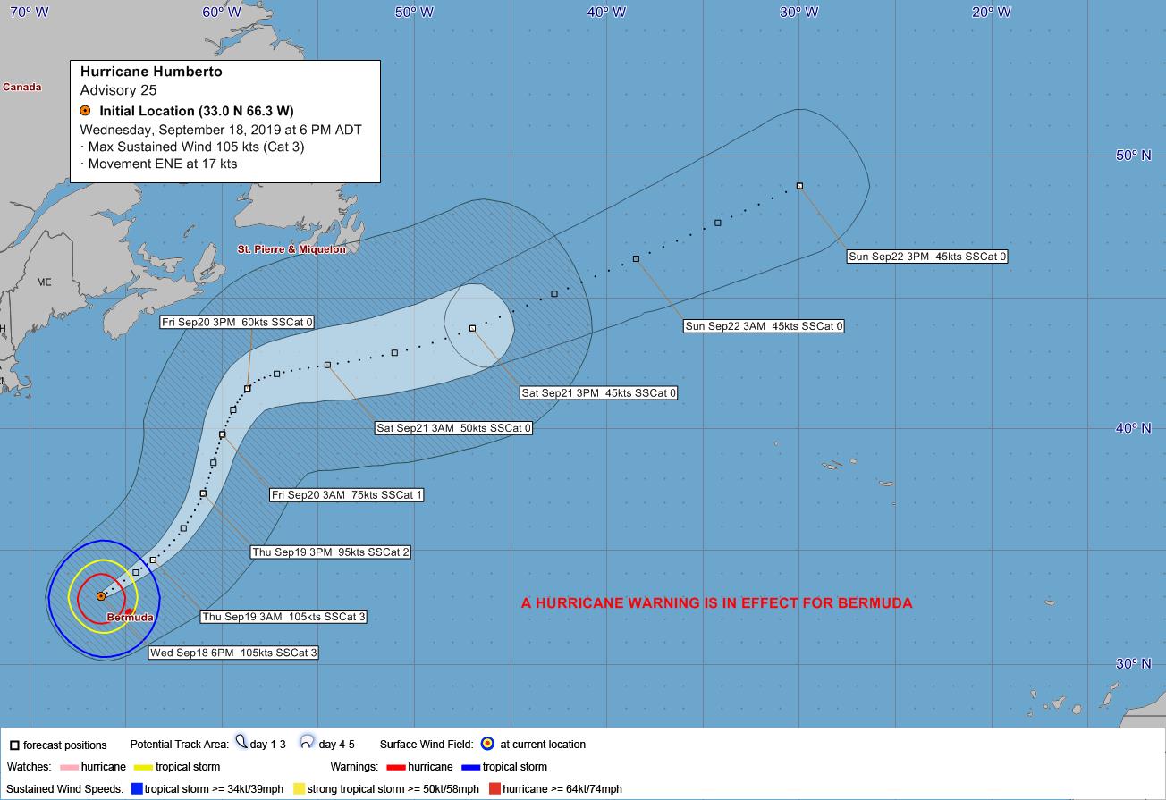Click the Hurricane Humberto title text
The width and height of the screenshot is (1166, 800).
coord(151,72)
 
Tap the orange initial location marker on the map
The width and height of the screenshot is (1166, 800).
coord(101,595)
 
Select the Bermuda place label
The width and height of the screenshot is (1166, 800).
coord(130,618)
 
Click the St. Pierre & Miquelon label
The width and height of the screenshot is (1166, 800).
coord(291,249)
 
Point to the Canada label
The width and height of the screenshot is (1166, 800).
coord(22,88)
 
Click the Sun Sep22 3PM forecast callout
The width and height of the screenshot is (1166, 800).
coord(927,257)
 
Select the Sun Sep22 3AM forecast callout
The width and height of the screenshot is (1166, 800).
coord(764,326)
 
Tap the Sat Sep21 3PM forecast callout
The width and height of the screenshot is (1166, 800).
coord(598,393)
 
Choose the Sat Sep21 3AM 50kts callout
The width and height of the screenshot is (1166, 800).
coord(453,428)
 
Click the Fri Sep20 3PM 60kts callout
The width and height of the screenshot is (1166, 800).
coord(237,322)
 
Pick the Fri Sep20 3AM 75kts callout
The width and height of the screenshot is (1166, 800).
coord(346,494)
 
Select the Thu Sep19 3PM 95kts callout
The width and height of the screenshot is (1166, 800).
coord(331,552)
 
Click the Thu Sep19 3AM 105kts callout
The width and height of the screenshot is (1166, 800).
coord(283,617)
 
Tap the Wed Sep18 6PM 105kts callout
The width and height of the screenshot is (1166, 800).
coord(233,653)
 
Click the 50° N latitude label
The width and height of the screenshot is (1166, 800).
coord(1133,156)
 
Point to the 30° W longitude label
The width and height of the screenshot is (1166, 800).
coord(798,12)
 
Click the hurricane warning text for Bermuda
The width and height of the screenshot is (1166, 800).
coord(716,603)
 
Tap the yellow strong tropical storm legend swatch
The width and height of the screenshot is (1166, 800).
coord(300,788)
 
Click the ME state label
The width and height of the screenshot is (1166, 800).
coord(44,282)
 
